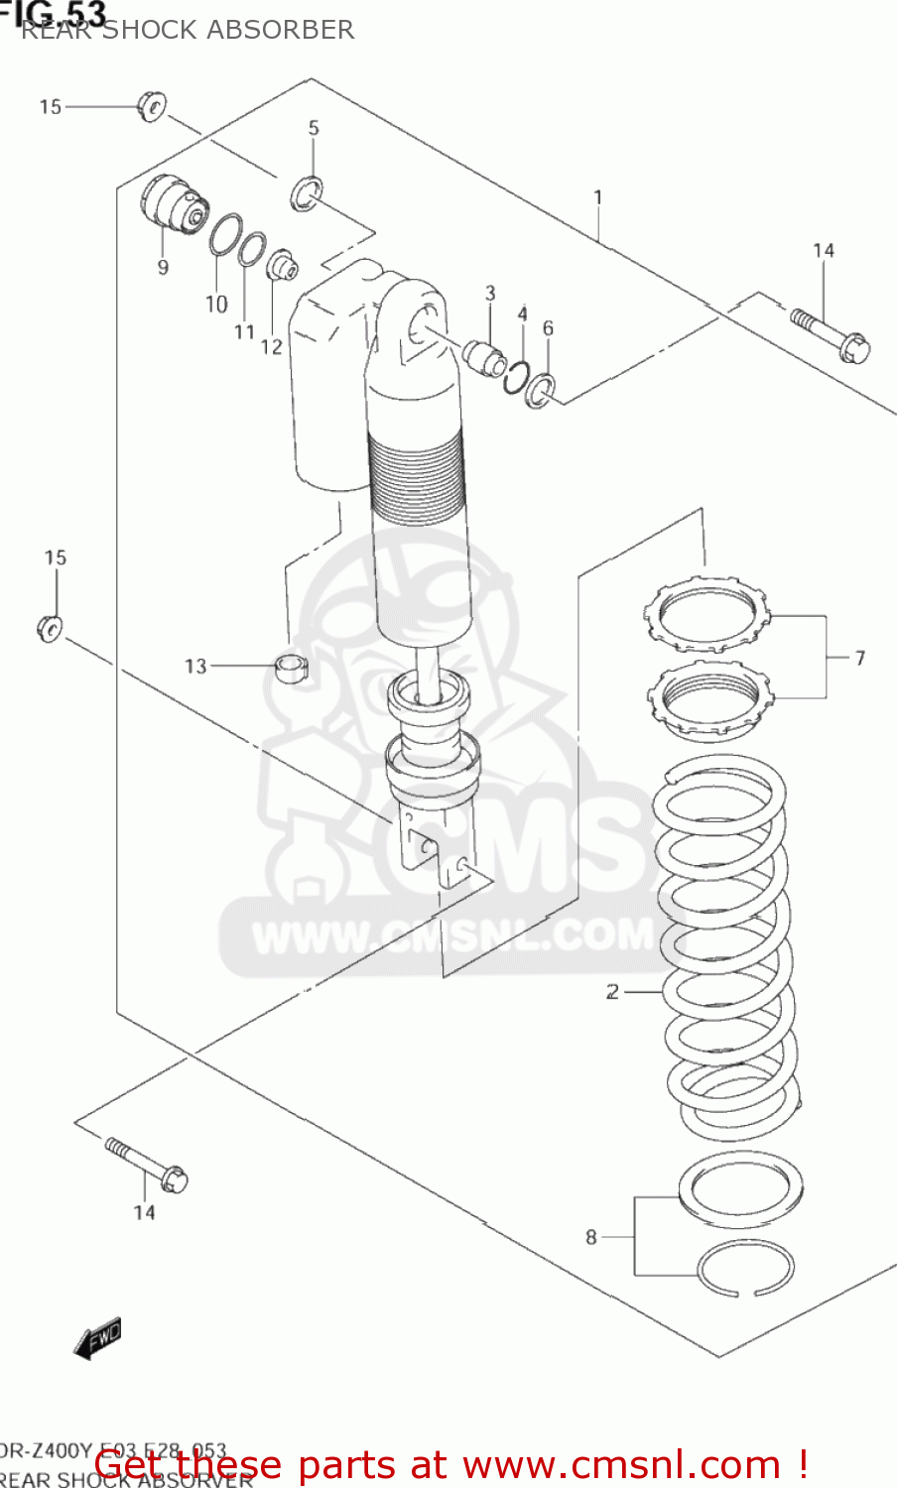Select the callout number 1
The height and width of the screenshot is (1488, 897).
tap(598, 197)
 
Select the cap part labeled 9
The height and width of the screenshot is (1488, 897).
tap(173, 204)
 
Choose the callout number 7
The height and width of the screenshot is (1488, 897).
tap(859, 657)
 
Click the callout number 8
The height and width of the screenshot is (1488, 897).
tap(591, 1236)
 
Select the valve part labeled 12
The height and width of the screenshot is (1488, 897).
tap(282, 265)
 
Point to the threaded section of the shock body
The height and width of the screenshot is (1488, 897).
tap(415, 466)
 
